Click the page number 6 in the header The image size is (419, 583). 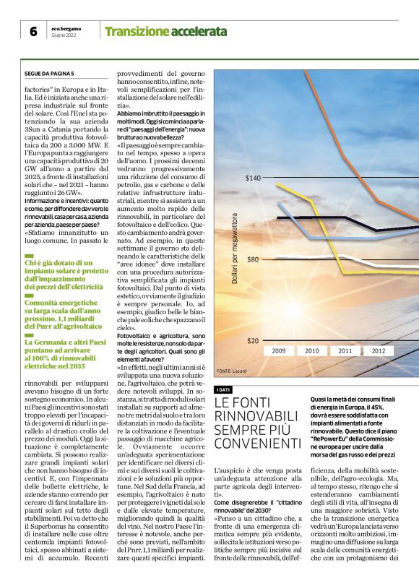[x=33, y=31]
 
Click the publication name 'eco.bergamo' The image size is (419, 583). [x=66, y=27]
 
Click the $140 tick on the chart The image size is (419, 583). [x=253, y=178]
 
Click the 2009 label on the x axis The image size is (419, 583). [x=279, y=351]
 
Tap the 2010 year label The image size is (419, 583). [x=312, y=351]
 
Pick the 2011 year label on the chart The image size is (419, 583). [x=345, y=351]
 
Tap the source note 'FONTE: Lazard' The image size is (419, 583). [x=231, y=371]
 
